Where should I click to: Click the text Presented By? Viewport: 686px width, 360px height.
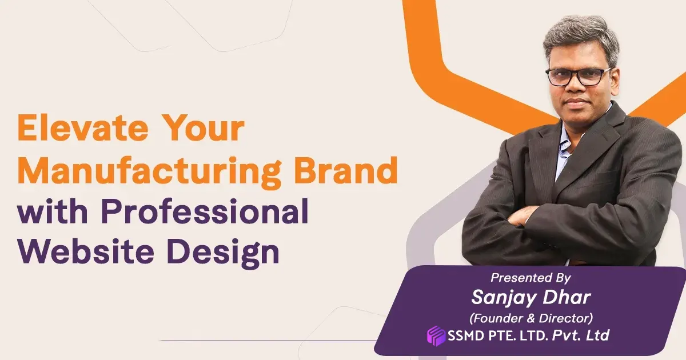531,278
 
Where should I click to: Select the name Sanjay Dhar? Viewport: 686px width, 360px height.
530,297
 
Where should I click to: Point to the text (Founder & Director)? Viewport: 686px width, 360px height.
530,316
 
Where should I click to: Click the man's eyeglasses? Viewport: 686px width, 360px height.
578,76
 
